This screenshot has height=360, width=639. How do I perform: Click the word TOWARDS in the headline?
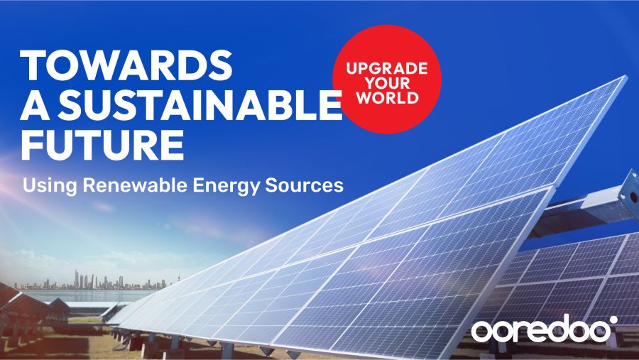(x=126, y=65)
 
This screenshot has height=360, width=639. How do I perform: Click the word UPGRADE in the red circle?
(x=387, y=71)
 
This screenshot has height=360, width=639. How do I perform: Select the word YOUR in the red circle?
(x=387, y=84)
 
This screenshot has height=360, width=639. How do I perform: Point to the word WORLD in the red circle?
(x=387, y=98)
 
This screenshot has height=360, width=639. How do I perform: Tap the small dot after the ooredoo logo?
(x=614, y=322)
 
